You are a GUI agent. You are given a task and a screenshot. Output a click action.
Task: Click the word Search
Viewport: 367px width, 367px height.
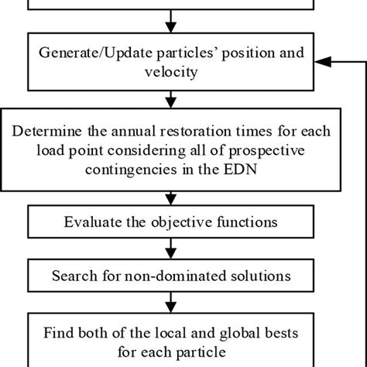click(73, 275)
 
